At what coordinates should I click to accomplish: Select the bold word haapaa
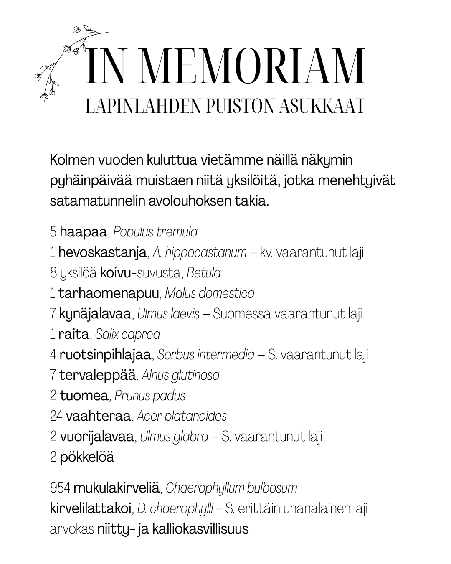(x=84, y=231)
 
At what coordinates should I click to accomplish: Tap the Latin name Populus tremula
(x=155, y=231)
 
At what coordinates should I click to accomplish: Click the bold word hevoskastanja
(x=102, y=252)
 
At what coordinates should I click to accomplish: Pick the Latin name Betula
(x=204, y=272)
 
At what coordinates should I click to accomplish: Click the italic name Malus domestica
(x=209, y=293)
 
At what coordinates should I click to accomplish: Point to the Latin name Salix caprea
(x=128, y=334)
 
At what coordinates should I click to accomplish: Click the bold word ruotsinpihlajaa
(x=105, y=355)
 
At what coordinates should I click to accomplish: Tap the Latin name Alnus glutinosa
(x=180, y=375)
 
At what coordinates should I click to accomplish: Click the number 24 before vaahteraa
(x=56, y=416)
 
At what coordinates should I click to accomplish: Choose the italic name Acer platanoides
(x=182, y=416)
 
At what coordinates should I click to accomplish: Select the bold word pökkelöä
(x=87, y=457)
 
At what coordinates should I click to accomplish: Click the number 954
(x=60, y=488)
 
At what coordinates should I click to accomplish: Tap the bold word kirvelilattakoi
(x=91, y=508)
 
